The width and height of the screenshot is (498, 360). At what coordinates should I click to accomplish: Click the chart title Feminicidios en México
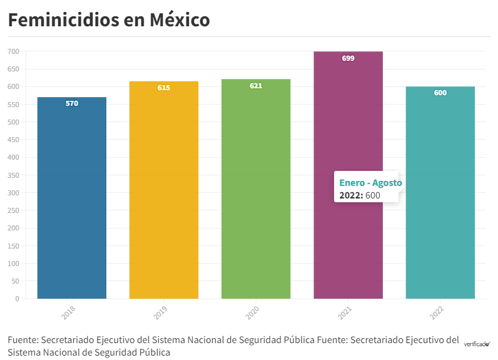109,19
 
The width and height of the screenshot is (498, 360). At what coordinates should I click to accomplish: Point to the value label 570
72,103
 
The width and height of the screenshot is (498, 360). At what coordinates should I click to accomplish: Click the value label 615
164,88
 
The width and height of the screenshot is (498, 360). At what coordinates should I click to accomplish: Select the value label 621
256,86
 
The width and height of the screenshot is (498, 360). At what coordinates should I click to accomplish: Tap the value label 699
348,58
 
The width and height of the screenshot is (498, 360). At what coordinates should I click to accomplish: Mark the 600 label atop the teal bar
440,93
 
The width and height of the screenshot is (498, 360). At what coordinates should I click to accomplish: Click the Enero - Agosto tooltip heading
370,183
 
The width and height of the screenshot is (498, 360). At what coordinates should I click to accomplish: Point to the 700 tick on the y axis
13,51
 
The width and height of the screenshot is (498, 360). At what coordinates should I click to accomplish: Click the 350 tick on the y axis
13,175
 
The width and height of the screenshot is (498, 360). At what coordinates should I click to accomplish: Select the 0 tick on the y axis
17,299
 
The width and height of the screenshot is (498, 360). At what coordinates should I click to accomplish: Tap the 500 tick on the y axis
13,122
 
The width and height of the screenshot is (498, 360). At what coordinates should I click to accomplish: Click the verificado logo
477,343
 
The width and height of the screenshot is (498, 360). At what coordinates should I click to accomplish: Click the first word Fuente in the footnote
23,340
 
